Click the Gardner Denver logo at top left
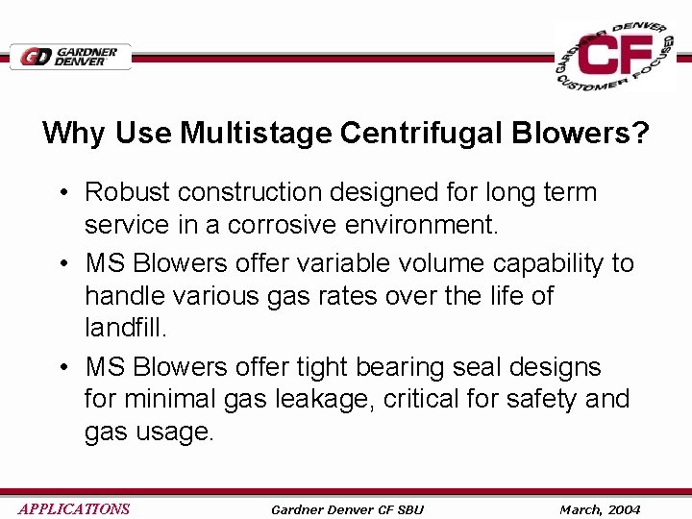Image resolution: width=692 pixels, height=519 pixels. (x=69, y=57)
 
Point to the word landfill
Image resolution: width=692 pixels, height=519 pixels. (x=125, y=328)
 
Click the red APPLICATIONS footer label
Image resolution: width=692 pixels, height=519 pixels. (x=74, y=509)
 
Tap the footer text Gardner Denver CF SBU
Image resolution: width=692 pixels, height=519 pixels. (x=347, y=509)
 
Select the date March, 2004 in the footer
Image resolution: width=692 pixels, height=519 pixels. (x=600, y=509)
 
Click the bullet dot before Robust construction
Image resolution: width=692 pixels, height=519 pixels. (x=61, y=193)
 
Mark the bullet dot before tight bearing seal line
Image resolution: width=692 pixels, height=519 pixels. (x=61, y=368)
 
